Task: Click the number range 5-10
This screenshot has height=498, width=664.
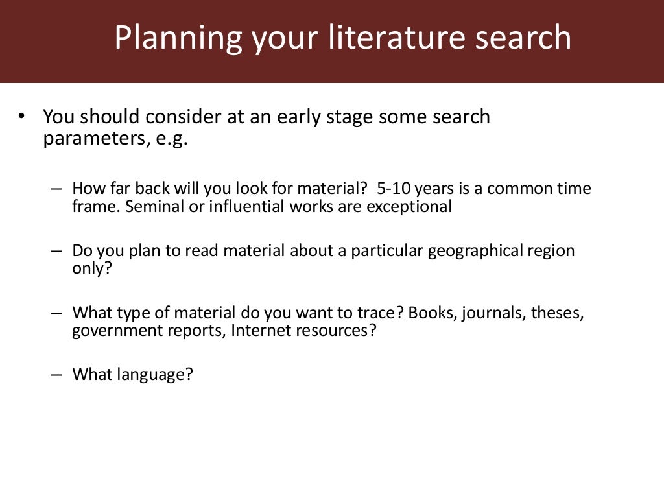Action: pos(393,189)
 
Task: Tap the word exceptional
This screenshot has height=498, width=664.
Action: pos(409,207)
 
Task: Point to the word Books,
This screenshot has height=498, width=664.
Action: pos(433,313)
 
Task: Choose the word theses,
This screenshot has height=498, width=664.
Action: pos(558,313)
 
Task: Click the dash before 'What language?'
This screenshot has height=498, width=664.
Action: pos(56,374)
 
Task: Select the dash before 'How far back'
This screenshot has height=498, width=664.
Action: pos(56,189)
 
